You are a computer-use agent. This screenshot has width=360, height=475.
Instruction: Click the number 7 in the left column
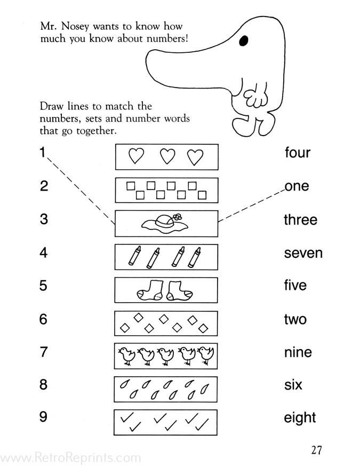tap(44, 352)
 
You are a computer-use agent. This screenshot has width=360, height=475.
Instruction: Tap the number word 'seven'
tap(303, 253)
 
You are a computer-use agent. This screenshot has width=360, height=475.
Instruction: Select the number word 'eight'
tap(300, 418)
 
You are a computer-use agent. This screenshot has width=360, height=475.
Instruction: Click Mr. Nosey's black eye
tap(244, 40)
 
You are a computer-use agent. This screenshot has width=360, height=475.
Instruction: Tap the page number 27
tap(317, 450)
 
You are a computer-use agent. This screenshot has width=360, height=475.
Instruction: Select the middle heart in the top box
tap(167, 156)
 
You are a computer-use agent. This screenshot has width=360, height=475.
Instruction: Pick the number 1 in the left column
tap(43, 153)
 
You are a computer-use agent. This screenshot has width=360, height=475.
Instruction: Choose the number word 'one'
tap(297, 186)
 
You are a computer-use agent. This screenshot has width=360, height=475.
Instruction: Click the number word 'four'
tap(297, 153)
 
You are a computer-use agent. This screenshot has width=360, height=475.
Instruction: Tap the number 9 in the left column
tap(44, 417)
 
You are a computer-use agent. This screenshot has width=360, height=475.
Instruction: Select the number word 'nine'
tap(298, 352)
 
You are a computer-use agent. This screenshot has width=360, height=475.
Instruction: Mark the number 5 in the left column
tap(44, 286)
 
